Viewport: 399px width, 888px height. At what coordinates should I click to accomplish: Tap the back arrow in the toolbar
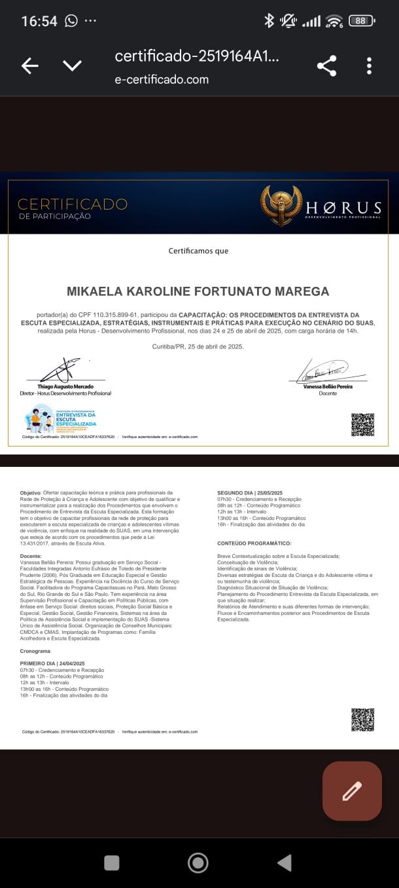click(30, 65)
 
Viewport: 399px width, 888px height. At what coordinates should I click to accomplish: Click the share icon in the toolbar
click(326, 65)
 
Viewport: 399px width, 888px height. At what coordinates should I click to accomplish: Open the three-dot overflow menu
click(370, 65)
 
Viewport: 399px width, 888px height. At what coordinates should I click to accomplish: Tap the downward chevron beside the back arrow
click(72, 65)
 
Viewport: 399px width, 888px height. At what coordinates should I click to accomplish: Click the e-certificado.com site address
click(162, 80)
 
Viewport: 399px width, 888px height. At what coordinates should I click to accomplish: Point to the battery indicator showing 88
click(362, 20)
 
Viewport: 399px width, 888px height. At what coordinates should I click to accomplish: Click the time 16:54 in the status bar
click(39, 21)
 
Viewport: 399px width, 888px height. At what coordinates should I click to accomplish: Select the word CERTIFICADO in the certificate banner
click(73, 204)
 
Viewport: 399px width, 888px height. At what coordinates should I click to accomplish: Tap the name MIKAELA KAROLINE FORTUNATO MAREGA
click(198, 291)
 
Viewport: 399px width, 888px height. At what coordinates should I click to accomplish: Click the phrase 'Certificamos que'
click(198, 251)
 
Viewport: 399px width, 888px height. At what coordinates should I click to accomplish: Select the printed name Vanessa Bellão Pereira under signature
click(328, 386)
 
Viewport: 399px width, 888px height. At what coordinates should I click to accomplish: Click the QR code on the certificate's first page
click(362, 425)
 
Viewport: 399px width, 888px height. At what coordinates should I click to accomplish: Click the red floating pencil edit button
click(352, 791)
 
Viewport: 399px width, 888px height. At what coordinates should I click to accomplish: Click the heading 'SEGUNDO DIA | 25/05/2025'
click(250, 492)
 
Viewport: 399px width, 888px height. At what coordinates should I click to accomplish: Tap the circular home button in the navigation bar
click(198, 862)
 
